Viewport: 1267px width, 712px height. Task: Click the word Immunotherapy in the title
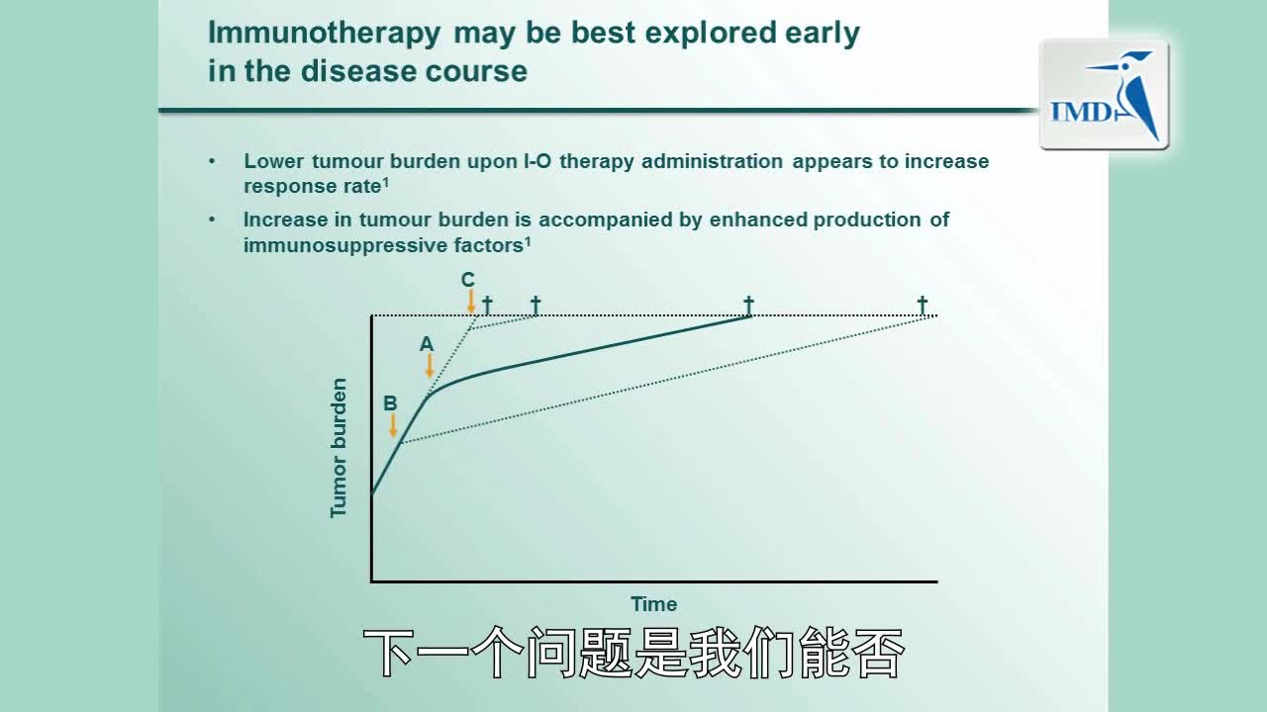click(x=324, y=34)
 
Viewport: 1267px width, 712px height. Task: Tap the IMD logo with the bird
click(x=1104, y=94)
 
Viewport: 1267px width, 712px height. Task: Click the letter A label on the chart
click(x=427, y=343)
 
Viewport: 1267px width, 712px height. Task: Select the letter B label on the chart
click(x=390, y=402)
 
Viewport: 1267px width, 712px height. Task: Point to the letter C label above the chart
click(x=468, y=279)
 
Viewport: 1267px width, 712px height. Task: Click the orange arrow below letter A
click(x=430, y=366)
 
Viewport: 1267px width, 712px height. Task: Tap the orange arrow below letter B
click(x=393, y=425)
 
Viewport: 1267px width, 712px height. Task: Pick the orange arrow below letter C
click(x=470, y=302)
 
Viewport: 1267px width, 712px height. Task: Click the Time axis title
click(x=654, y=604)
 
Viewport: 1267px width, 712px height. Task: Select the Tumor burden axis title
click(x=339, y=448)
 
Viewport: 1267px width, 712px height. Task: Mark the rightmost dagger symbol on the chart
click(x=922, y=305)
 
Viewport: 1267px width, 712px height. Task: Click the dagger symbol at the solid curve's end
click(x=748, y=305)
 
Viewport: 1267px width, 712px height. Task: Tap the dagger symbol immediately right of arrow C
click(x=488, y=305)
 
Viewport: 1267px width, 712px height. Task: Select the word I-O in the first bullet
click(x=537, y=161)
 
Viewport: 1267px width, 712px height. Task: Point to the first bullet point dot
click(x=212, y=161)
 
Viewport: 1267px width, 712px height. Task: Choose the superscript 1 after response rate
click(x=386, y=182)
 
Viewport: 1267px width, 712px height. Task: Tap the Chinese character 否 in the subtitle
click(x=878, y=652)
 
